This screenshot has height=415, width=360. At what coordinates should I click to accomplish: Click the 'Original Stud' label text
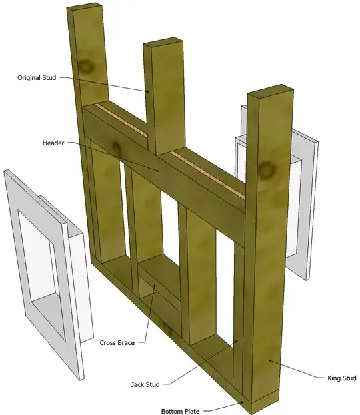point(37,78)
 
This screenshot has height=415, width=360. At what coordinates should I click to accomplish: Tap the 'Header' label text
point(53,143)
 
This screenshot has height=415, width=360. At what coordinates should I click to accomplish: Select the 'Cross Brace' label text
point(117,343)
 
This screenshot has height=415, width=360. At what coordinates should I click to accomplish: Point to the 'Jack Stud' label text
point(146,384)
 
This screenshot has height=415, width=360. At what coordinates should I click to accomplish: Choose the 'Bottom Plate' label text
point(179,411)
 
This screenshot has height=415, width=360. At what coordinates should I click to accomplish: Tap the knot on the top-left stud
point(86,67)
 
